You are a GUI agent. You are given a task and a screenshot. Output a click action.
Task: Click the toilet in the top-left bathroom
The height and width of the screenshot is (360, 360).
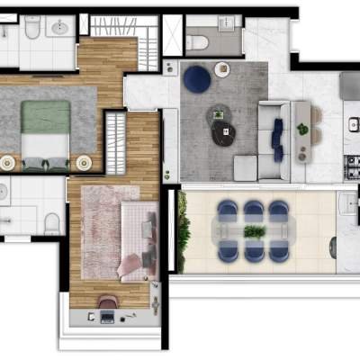pos(33,29)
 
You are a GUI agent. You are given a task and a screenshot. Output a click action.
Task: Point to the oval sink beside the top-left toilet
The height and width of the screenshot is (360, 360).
pos(62,28)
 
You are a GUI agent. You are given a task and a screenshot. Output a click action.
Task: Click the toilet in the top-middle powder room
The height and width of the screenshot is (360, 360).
pos(198,40)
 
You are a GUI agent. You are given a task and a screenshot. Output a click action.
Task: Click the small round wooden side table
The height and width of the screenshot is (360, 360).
pos(221,69)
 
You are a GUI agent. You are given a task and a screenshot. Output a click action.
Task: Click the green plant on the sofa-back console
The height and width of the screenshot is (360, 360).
pos(303,130)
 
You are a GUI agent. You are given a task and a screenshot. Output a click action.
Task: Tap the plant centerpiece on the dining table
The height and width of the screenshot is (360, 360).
pos(254,232)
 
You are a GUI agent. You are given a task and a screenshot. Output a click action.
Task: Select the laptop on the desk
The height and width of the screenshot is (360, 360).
pos(107,317)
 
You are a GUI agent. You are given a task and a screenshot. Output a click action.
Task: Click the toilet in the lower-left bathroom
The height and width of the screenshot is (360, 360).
pos(51,220)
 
